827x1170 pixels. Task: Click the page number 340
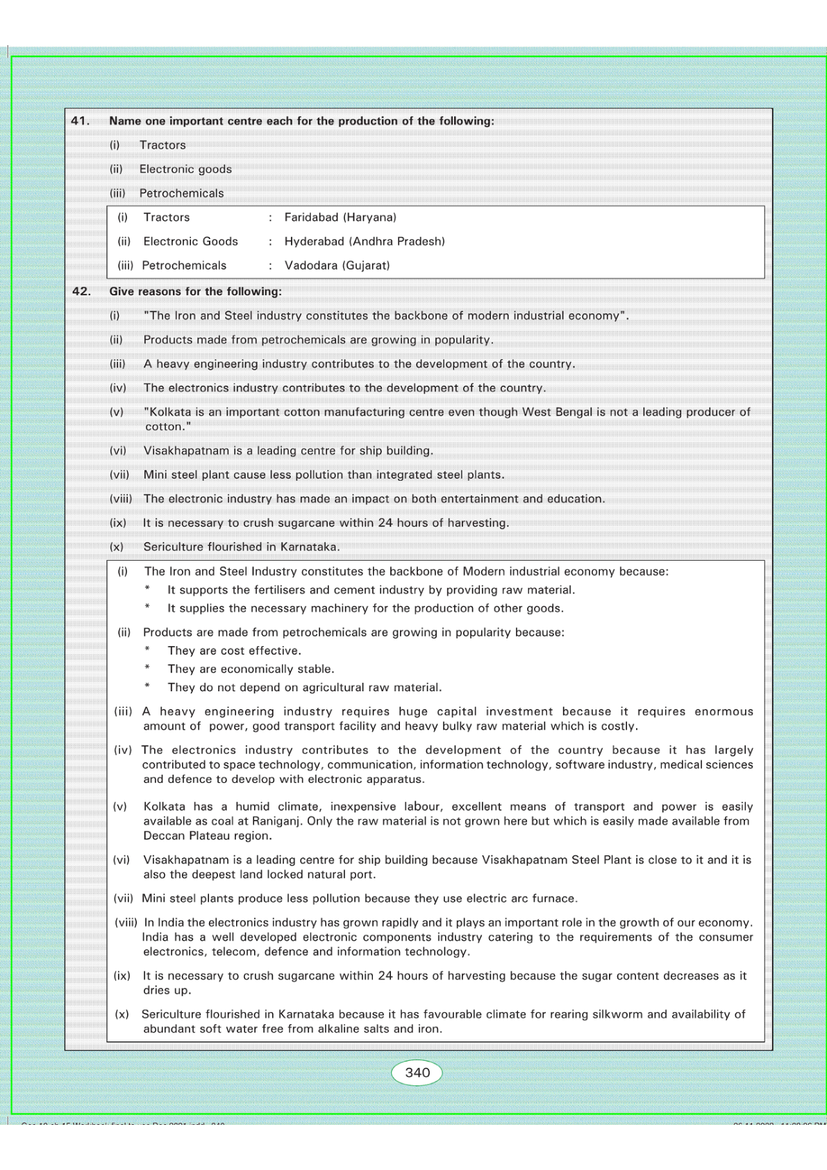[417, 1072]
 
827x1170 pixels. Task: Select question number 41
[81, 121]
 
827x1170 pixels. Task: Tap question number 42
[81, 291]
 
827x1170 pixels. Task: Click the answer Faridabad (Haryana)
[340, 217]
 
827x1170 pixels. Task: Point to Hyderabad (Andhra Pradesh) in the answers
[365, 241]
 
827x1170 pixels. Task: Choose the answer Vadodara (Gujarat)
[337, 265]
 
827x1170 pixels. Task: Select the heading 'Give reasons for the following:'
[195, 291]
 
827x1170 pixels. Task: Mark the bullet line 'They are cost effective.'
[234, 651]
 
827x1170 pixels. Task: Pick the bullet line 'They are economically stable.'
[251, 669]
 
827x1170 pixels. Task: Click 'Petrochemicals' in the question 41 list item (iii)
[181, 193]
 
